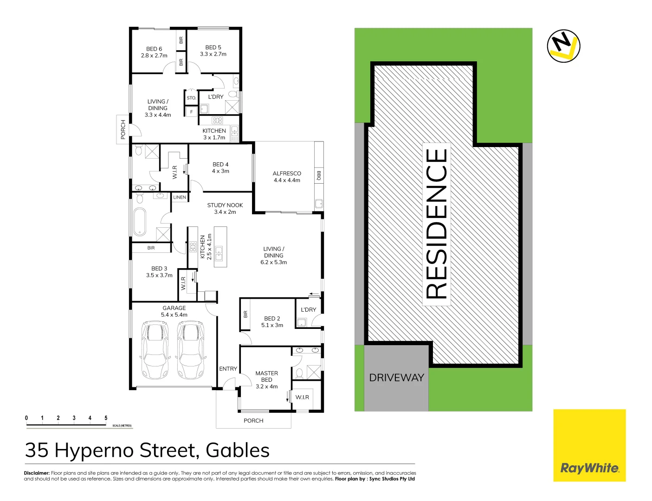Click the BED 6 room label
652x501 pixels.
tap(154, 49)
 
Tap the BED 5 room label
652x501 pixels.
tap(213, 47)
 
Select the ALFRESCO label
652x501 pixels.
tap(287, 173)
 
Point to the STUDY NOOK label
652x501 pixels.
tap(225, 205)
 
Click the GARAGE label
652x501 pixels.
tap(174, 308)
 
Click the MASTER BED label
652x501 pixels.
tap(266, 376)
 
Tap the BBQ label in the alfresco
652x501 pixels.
tap(319, 175)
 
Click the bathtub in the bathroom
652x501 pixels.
tap(139, 222)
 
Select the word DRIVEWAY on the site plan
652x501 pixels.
tap(396, 378)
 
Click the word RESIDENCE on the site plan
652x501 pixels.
tap(437, 224)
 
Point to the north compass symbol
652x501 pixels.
tap(563, 45)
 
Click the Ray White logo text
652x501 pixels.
tap(589, 468)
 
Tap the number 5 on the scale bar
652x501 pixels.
tap(106, 418)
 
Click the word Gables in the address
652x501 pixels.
tap(238, 450)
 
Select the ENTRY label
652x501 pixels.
tap(228, 369)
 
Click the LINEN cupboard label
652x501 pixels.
tap(180, 197)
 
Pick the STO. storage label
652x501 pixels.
tap(191, 98)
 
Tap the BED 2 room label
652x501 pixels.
tap(272, 319)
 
